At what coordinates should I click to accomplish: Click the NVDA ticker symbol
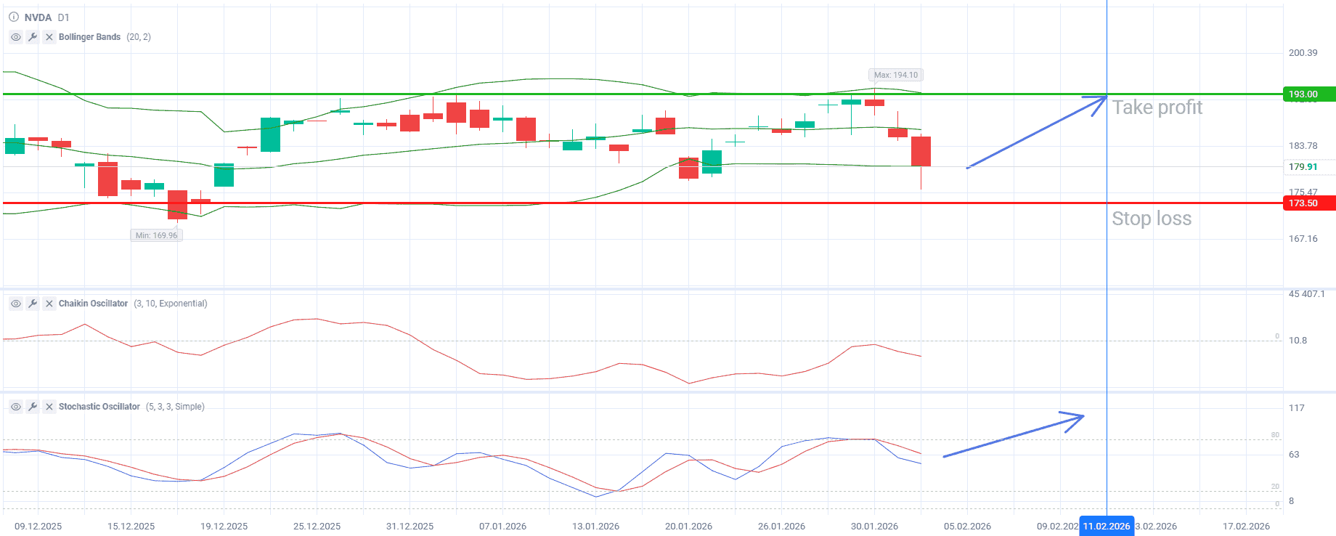38,17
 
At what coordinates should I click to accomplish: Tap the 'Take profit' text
1157,107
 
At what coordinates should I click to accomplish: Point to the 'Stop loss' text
1152,219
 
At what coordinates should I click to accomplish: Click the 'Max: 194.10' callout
895,75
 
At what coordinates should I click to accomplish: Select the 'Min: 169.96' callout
156,235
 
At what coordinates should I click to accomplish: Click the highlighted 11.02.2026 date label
1106,527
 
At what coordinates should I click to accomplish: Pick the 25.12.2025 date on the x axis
317,527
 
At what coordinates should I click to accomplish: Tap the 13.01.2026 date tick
595,527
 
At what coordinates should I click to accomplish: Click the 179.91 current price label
1303,167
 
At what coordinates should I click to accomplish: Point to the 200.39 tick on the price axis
1303,53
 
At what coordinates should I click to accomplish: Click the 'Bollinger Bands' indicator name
89,37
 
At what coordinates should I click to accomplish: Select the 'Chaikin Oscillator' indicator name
93,304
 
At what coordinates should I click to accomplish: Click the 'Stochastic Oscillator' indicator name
99,407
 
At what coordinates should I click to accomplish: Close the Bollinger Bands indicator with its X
49,37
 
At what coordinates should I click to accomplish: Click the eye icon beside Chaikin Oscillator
16,304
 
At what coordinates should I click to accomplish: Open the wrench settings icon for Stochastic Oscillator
33,407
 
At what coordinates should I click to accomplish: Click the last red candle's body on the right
921,151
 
